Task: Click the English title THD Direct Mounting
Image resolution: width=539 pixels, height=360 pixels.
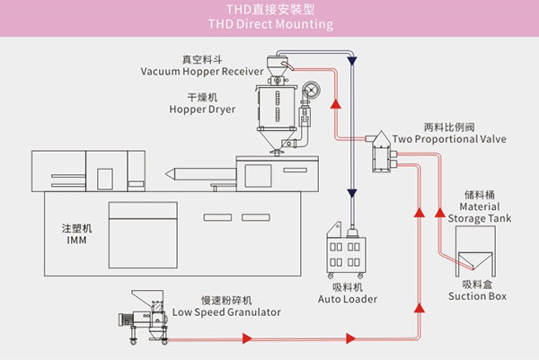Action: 269,24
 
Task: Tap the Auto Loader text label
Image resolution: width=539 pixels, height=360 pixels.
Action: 349,298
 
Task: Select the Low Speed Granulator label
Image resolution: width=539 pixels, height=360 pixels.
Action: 226,312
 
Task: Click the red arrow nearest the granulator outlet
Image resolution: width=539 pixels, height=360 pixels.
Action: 243,339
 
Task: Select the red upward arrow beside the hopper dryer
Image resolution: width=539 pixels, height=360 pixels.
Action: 334,104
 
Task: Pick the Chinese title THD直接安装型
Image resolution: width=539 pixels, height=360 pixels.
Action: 269,9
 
